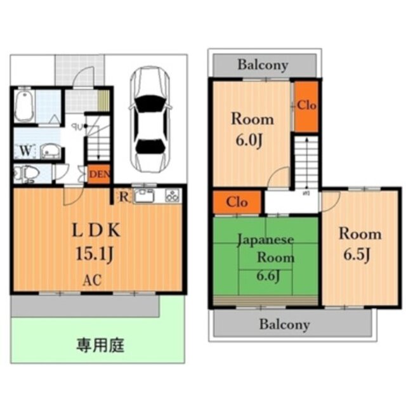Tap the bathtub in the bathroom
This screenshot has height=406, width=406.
[24, 105]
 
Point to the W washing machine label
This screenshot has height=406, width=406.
[24, 151]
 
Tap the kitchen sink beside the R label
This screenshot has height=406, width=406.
[144, 195]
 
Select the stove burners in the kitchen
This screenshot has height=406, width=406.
[172, 195]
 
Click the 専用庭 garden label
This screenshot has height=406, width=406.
[100, 346]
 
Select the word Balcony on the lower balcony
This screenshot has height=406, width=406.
[284, 325]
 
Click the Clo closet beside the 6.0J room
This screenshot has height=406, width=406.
[306, 106]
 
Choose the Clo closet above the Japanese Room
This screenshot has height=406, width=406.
[237, 203]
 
